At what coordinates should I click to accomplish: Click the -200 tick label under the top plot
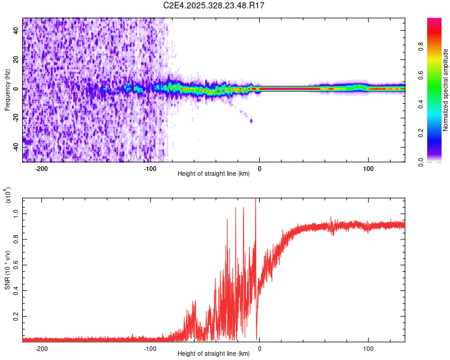click(x=41, y=168)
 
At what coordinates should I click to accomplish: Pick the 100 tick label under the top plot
click(x=368, y=168)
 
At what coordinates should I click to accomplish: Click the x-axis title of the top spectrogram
click(x=214, y=174)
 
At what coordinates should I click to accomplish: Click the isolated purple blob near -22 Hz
click(x=251, y=121)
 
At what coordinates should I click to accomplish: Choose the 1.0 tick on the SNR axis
click(x=16, y=212)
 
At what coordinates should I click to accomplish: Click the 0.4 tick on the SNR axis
click(x=16, y=289)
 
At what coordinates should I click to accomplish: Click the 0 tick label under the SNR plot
click(x=259, y=348)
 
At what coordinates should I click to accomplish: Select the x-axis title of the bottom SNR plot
click(x=214, y=354)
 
